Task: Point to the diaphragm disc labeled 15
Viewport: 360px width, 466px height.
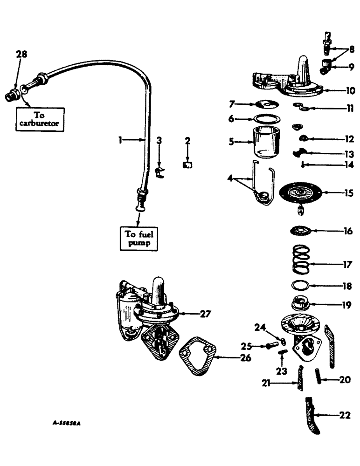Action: coord(300,192)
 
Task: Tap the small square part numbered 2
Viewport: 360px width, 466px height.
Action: coord(189,164)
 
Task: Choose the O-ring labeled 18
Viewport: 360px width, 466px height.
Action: coord(300,286)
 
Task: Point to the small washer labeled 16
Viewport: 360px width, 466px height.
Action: coord(301,231)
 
